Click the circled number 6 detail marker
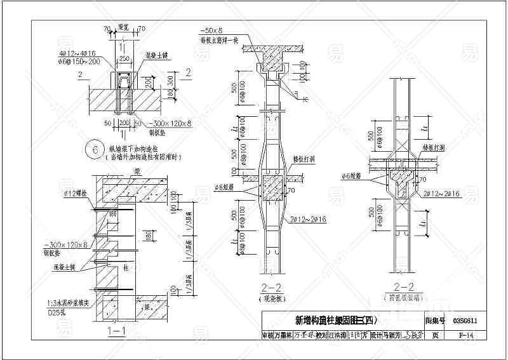96,150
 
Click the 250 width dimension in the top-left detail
124,58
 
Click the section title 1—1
116,331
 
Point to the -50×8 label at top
211,30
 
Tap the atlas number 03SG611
466,321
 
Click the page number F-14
466,335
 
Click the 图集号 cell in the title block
435,321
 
